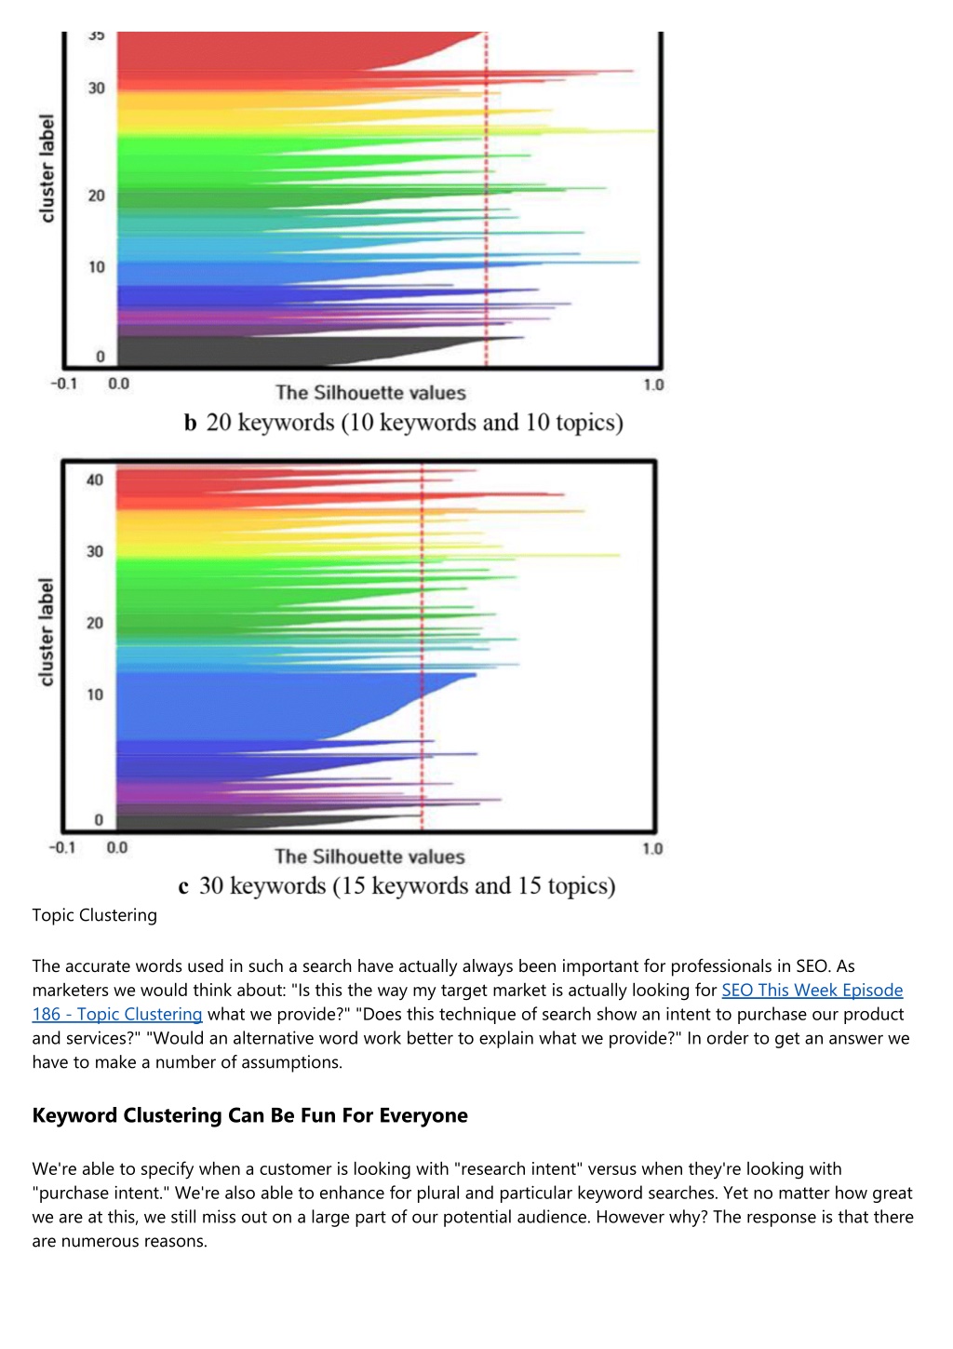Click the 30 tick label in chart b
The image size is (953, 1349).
[96, 88]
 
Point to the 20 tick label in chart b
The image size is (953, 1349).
[96, 196]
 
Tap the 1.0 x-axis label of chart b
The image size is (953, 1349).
[653, 384]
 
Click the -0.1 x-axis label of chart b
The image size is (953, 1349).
[64, 384]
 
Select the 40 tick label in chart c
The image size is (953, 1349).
[95, 480]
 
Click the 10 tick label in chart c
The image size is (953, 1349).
[95, 695]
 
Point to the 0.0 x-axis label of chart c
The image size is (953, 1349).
[116, 848]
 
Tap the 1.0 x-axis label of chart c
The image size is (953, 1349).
[652, 849]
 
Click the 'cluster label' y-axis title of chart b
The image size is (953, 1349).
[47, 169]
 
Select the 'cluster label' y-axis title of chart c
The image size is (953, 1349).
[46, 632]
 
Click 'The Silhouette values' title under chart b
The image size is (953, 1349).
[370, 393]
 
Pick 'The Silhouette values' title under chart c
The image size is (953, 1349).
[369, 857]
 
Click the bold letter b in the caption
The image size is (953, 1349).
[190, 423]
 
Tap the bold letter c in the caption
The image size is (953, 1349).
[183, 887]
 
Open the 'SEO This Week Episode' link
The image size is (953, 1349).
[812, 990]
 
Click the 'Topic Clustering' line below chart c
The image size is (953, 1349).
[95, 915]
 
